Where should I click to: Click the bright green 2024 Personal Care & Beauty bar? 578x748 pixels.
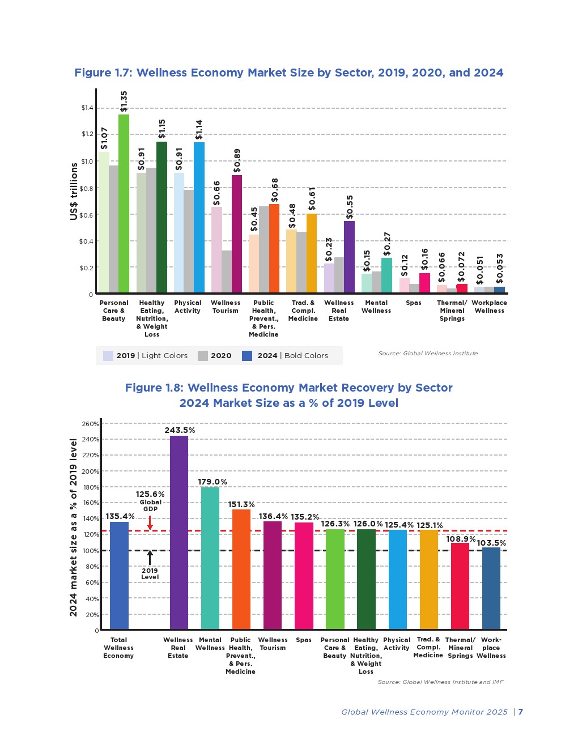124,204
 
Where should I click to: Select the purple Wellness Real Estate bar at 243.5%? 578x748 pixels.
179,533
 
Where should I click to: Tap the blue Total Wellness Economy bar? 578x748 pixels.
119,575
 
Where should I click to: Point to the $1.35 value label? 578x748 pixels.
124,101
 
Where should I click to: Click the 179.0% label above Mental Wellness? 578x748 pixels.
212,482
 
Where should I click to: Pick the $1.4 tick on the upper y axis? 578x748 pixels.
87,108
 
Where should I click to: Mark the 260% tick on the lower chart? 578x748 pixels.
90,424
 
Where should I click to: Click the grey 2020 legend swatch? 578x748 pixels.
202,356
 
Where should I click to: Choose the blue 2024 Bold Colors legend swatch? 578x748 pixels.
247,356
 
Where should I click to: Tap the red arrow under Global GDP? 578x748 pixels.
150,522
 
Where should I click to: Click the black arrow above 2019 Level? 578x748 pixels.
150,558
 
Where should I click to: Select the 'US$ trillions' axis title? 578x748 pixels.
74,191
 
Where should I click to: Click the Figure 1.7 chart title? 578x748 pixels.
289,73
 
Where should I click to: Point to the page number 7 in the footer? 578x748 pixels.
521,712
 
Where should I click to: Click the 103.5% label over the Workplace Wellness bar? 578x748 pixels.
491,543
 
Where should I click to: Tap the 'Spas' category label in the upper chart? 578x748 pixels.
414,303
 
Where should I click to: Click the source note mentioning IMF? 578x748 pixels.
440,682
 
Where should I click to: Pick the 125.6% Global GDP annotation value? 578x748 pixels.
150,494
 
